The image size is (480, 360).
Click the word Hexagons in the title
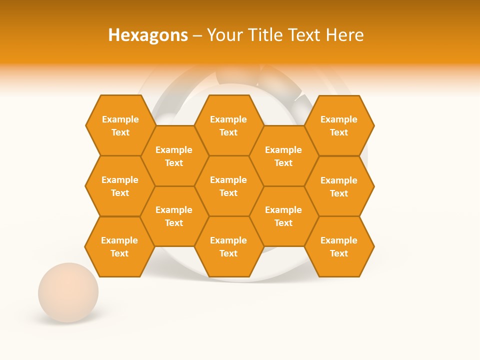[x=148, y=35]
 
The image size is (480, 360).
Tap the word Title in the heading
[x=265, y=35]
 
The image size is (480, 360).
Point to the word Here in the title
[x=345, y=35]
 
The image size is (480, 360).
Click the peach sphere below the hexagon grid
[x=68, y=292]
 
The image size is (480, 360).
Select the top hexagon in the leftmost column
[x=120, y=125]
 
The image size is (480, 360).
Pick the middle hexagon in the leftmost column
[x=120, y=186]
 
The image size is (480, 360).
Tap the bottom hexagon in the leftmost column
[x=119, y=246]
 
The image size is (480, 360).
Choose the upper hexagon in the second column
[x=174, y=156]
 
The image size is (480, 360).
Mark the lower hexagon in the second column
[x=174, y=216]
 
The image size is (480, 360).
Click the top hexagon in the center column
[x=228, y=125]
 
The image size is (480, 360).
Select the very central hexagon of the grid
[x=228, y=186]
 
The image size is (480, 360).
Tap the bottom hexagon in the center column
[x=228, y=246]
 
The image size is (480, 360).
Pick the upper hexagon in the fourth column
[x=283, y=156]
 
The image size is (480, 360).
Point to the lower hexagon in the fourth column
[x=283, y=216]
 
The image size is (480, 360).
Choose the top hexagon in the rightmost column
[x=339, y=125]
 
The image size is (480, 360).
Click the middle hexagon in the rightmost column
[x=339, y=186]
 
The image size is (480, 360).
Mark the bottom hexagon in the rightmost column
[x=339, y=246]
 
